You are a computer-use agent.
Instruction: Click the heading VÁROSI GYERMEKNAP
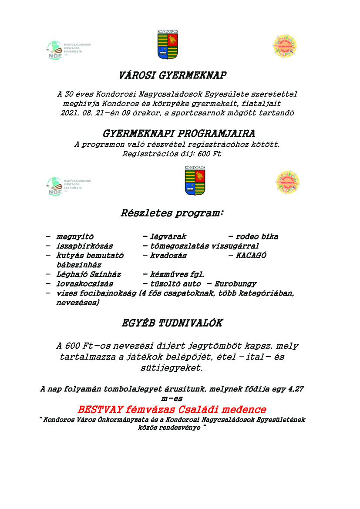172,75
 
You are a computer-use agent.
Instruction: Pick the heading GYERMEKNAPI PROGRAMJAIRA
179,133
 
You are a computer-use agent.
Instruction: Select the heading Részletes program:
172,214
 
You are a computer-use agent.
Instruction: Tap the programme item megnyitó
75,237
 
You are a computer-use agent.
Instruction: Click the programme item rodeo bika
257,237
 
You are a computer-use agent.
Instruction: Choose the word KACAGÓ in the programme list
251,256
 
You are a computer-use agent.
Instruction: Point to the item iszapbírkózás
84,246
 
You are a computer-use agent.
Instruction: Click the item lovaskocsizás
84,283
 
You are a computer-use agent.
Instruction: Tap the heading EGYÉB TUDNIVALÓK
172,324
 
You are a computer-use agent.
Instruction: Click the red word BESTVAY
101,410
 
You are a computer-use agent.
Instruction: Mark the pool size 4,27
296,389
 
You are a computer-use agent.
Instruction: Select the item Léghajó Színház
88,274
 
